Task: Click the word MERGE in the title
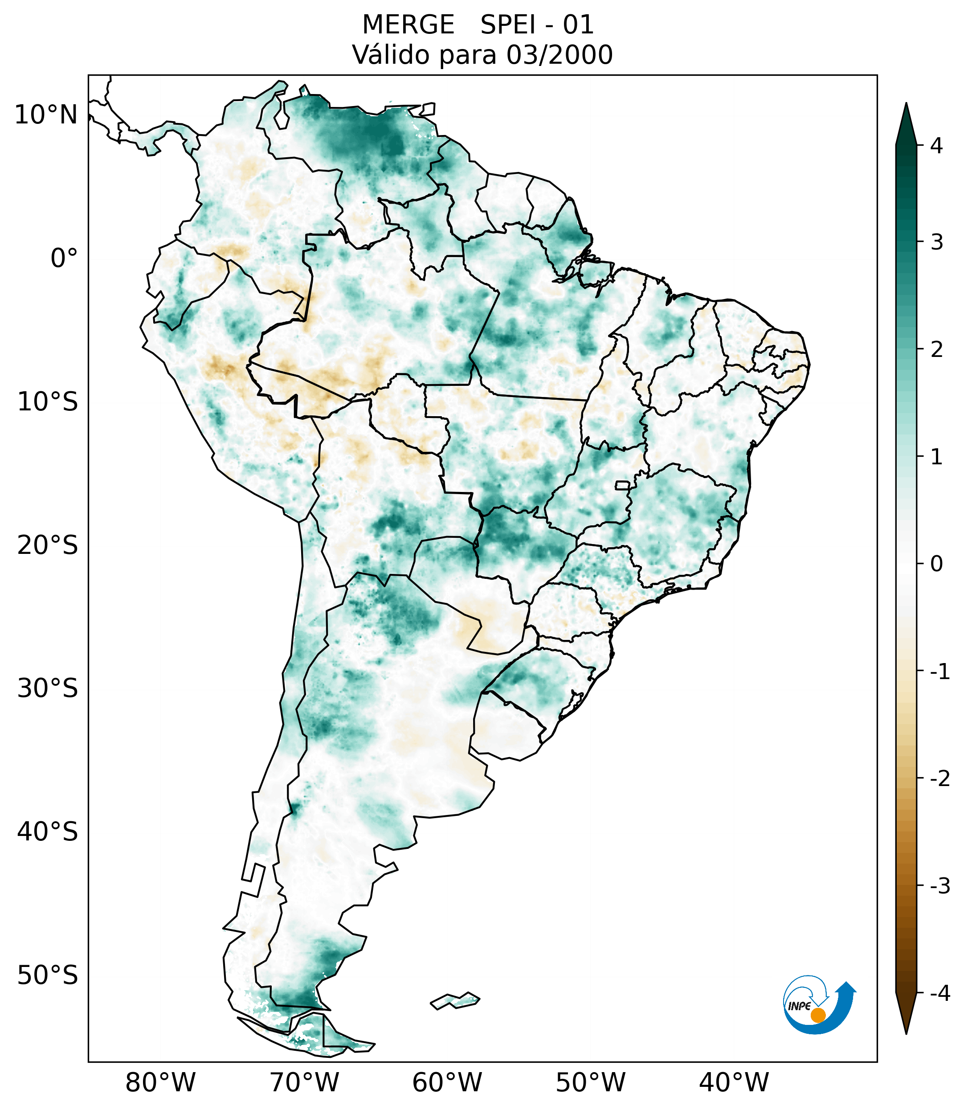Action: (x=408, y=25)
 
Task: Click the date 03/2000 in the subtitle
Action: (x=559, y=55)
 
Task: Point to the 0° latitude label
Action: (x=64, y=258)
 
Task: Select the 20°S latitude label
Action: (x=48, y=545)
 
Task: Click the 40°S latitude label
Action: (x=48, y=832)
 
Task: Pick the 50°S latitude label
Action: (x=48, y=976)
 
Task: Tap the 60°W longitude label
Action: (x=447, y=1083)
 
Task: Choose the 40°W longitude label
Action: (x=734, y=1083)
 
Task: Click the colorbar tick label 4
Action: (x=936, y=146)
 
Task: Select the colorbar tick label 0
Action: (x=936, y=564)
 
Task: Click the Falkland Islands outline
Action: (x=455, y=1000)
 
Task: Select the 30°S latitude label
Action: (x=48, y=688)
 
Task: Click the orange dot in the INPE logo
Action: (x=817, y=1015)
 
